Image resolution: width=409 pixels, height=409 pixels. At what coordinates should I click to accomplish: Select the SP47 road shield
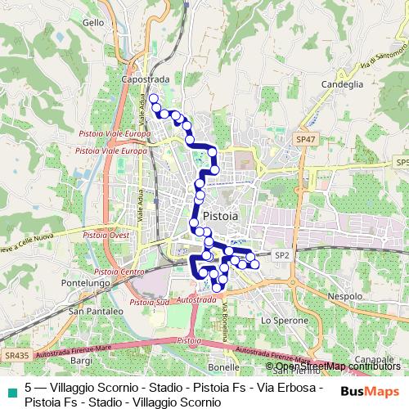(x=304, y=140)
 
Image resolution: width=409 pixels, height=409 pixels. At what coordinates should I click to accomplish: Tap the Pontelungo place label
(x=80, y=282)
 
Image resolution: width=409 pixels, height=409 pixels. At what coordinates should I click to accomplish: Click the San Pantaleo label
(x=95, y=311)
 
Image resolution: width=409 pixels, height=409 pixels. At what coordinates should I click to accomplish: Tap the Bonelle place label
(x=223, y=368)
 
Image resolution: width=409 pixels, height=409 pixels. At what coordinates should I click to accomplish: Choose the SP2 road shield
(x=281, y=255)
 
